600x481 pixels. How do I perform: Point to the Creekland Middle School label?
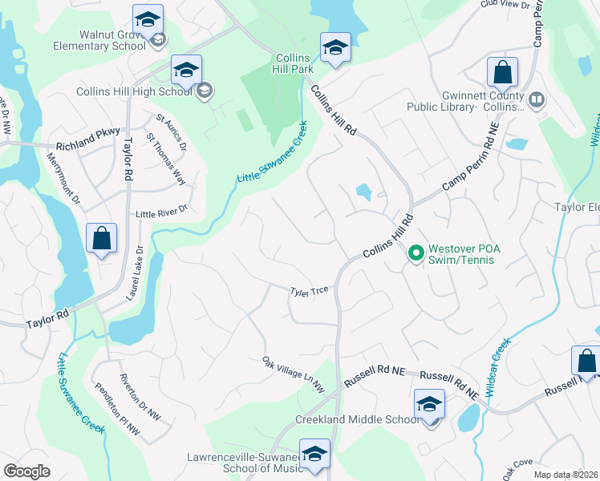[357, 419]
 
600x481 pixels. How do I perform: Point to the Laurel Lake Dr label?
[135, 273]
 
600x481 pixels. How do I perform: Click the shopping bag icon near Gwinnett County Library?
[502, 74]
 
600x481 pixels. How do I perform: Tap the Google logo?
[27, 471]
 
